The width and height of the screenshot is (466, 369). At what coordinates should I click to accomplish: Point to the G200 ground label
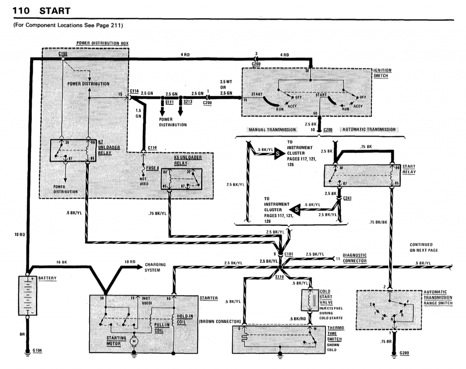coord(404,353)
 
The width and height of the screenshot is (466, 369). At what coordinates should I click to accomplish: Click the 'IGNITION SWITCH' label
coord(382,73)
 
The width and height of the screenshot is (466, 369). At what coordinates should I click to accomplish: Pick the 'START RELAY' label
coord(409,169)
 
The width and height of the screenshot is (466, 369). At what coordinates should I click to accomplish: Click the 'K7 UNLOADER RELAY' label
coord(105,148)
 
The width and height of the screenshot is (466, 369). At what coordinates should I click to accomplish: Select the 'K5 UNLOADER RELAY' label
coord(187,160)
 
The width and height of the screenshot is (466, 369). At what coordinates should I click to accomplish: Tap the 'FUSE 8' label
coord(152,168)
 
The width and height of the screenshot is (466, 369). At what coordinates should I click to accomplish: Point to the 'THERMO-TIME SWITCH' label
coord(335,334)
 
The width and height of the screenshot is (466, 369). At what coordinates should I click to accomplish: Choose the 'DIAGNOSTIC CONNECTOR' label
coord(355,258)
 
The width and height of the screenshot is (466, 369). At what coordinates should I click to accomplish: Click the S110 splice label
coord(281,276)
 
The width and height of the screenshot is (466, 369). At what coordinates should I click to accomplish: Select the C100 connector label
coord(63,54)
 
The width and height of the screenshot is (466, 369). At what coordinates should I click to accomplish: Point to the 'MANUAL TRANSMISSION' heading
coord(272,130)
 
